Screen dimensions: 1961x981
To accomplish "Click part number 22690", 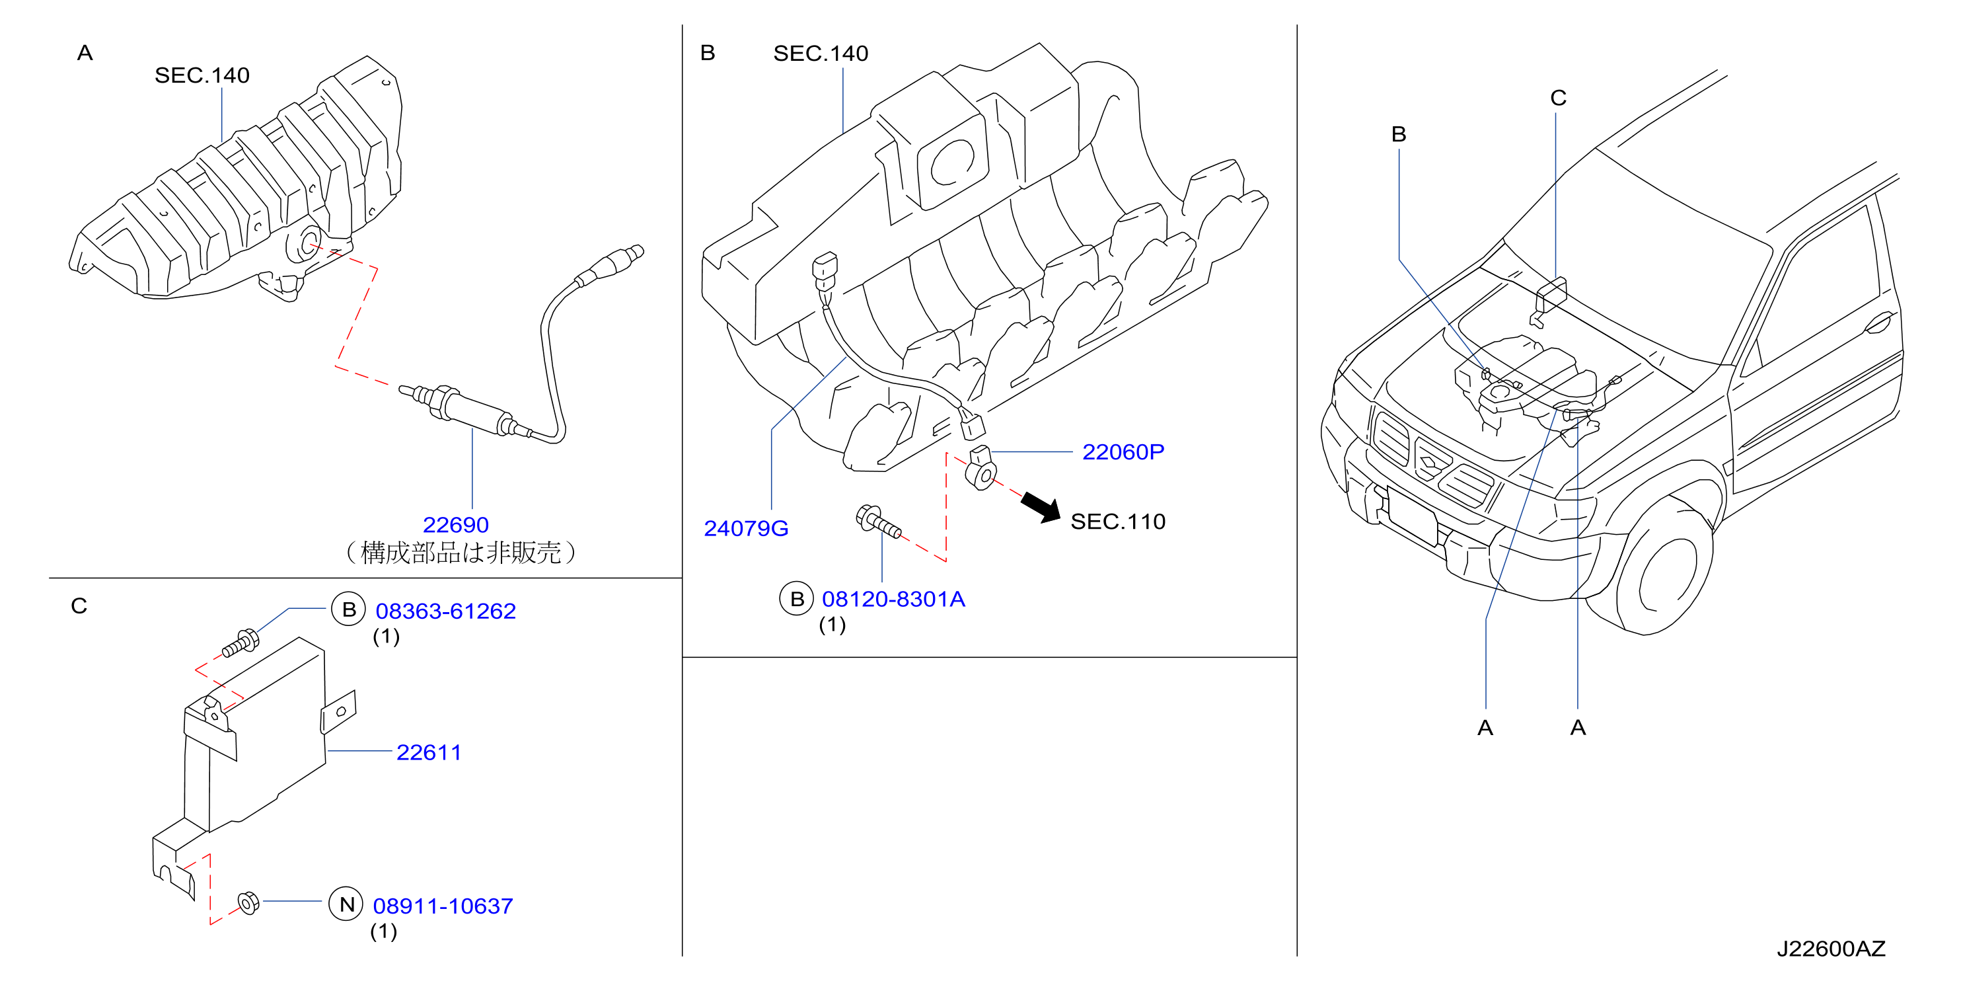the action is [455, 525].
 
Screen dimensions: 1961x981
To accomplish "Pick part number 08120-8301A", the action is [893, 599].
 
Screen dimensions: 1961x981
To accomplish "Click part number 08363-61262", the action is [445, 611].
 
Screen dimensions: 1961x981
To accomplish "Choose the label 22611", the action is [429, 752].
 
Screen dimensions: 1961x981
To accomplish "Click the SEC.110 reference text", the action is [1117, 521].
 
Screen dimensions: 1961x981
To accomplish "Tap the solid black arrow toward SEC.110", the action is [1040, 506].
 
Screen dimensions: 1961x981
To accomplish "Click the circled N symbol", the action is [346, 904].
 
